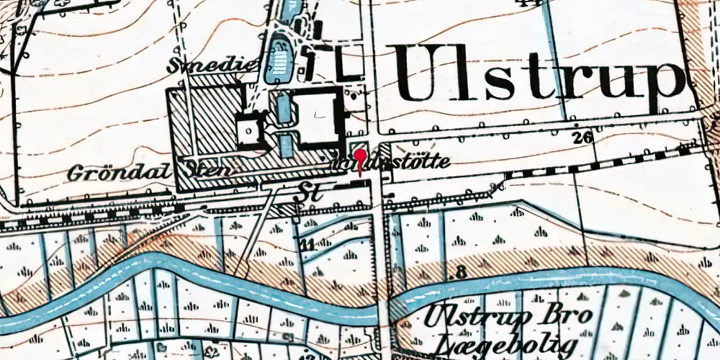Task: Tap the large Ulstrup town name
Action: [536, 73]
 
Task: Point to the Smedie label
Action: [212, 66]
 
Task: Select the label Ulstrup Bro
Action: [508, 315]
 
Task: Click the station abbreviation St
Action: [305, 190]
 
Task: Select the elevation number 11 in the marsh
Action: [307, 245]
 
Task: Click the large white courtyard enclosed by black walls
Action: [315, 118]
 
